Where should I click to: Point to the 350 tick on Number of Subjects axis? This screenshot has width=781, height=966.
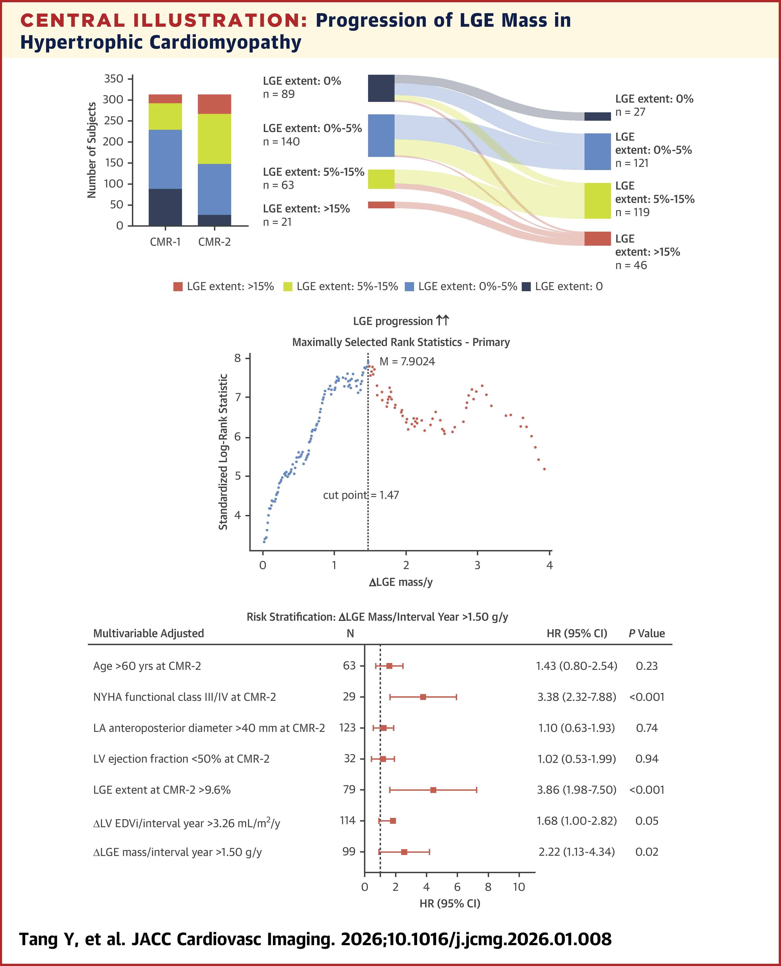pyautogui.click(x=113, y=79)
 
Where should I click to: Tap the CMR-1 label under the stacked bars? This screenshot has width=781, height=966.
pyautogui.click(x=165, y=242)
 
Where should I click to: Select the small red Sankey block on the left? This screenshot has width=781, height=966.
pyautogui.click(x=381, y=205)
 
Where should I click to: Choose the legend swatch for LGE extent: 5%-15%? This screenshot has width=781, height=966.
pyautogui.click(x=287, y=287)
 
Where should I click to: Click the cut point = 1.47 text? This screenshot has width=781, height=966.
pyautogui.click(x=361, y=495)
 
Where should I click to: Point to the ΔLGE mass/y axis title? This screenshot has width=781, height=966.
pyautogui.click(x=400, y=582)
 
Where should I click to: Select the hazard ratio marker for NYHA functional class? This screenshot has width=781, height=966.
pyautogui.click(x=423, y=697)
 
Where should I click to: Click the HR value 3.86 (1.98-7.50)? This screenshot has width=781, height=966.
pyautogui.click(x=576, y=790)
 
